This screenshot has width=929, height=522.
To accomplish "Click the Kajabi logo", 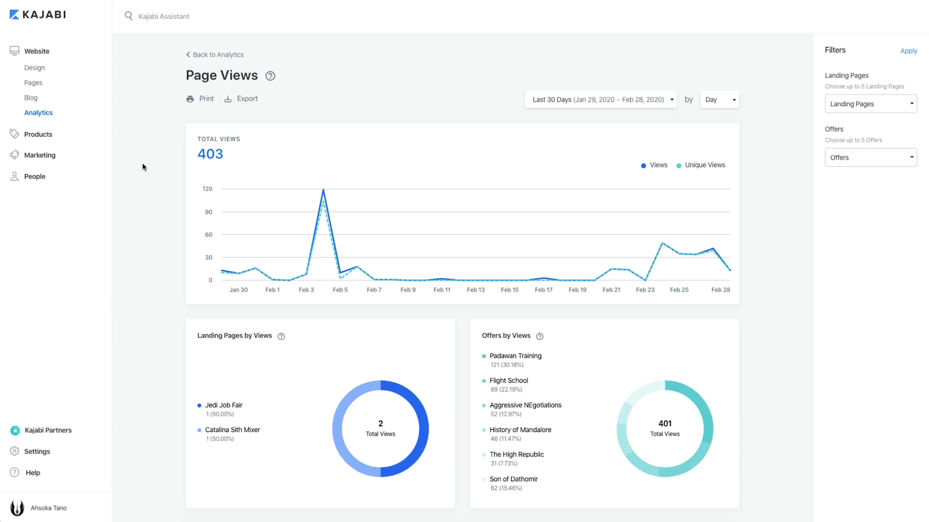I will coord(38,14).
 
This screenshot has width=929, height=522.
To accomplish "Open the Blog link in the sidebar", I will coord(31,98).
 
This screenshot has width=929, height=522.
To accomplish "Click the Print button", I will coord(200,99).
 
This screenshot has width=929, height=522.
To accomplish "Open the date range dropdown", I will coord(601,100).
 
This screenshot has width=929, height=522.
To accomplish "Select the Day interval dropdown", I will coord(719,100).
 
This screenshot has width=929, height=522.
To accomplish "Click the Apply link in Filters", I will coord(908,51).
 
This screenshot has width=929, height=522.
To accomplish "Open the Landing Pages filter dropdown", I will coord(870,104).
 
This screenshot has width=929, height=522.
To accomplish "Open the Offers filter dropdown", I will coord(870,158).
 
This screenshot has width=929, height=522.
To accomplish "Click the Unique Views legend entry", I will coord(704,165).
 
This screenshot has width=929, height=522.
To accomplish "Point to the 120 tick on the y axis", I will coord(207,189).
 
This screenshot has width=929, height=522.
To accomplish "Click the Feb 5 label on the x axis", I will coord(340,290).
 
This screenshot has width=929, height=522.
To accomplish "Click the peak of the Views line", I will coord(323,190).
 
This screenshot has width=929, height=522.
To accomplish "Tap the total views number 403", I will coord(210,154).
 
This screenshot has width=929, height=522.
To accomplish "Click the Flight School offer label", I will coord(509,381).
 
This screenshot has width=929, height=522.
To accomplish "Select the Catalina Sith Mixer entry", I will coord(232,430).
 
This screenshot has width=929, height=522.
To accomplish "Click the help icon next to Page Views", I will coord(270,76).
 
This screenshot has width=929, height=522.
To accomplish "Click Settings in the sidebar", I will coord(37,452).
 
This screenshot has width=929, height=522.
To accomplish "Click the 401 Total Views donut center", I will coord(665,429).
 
